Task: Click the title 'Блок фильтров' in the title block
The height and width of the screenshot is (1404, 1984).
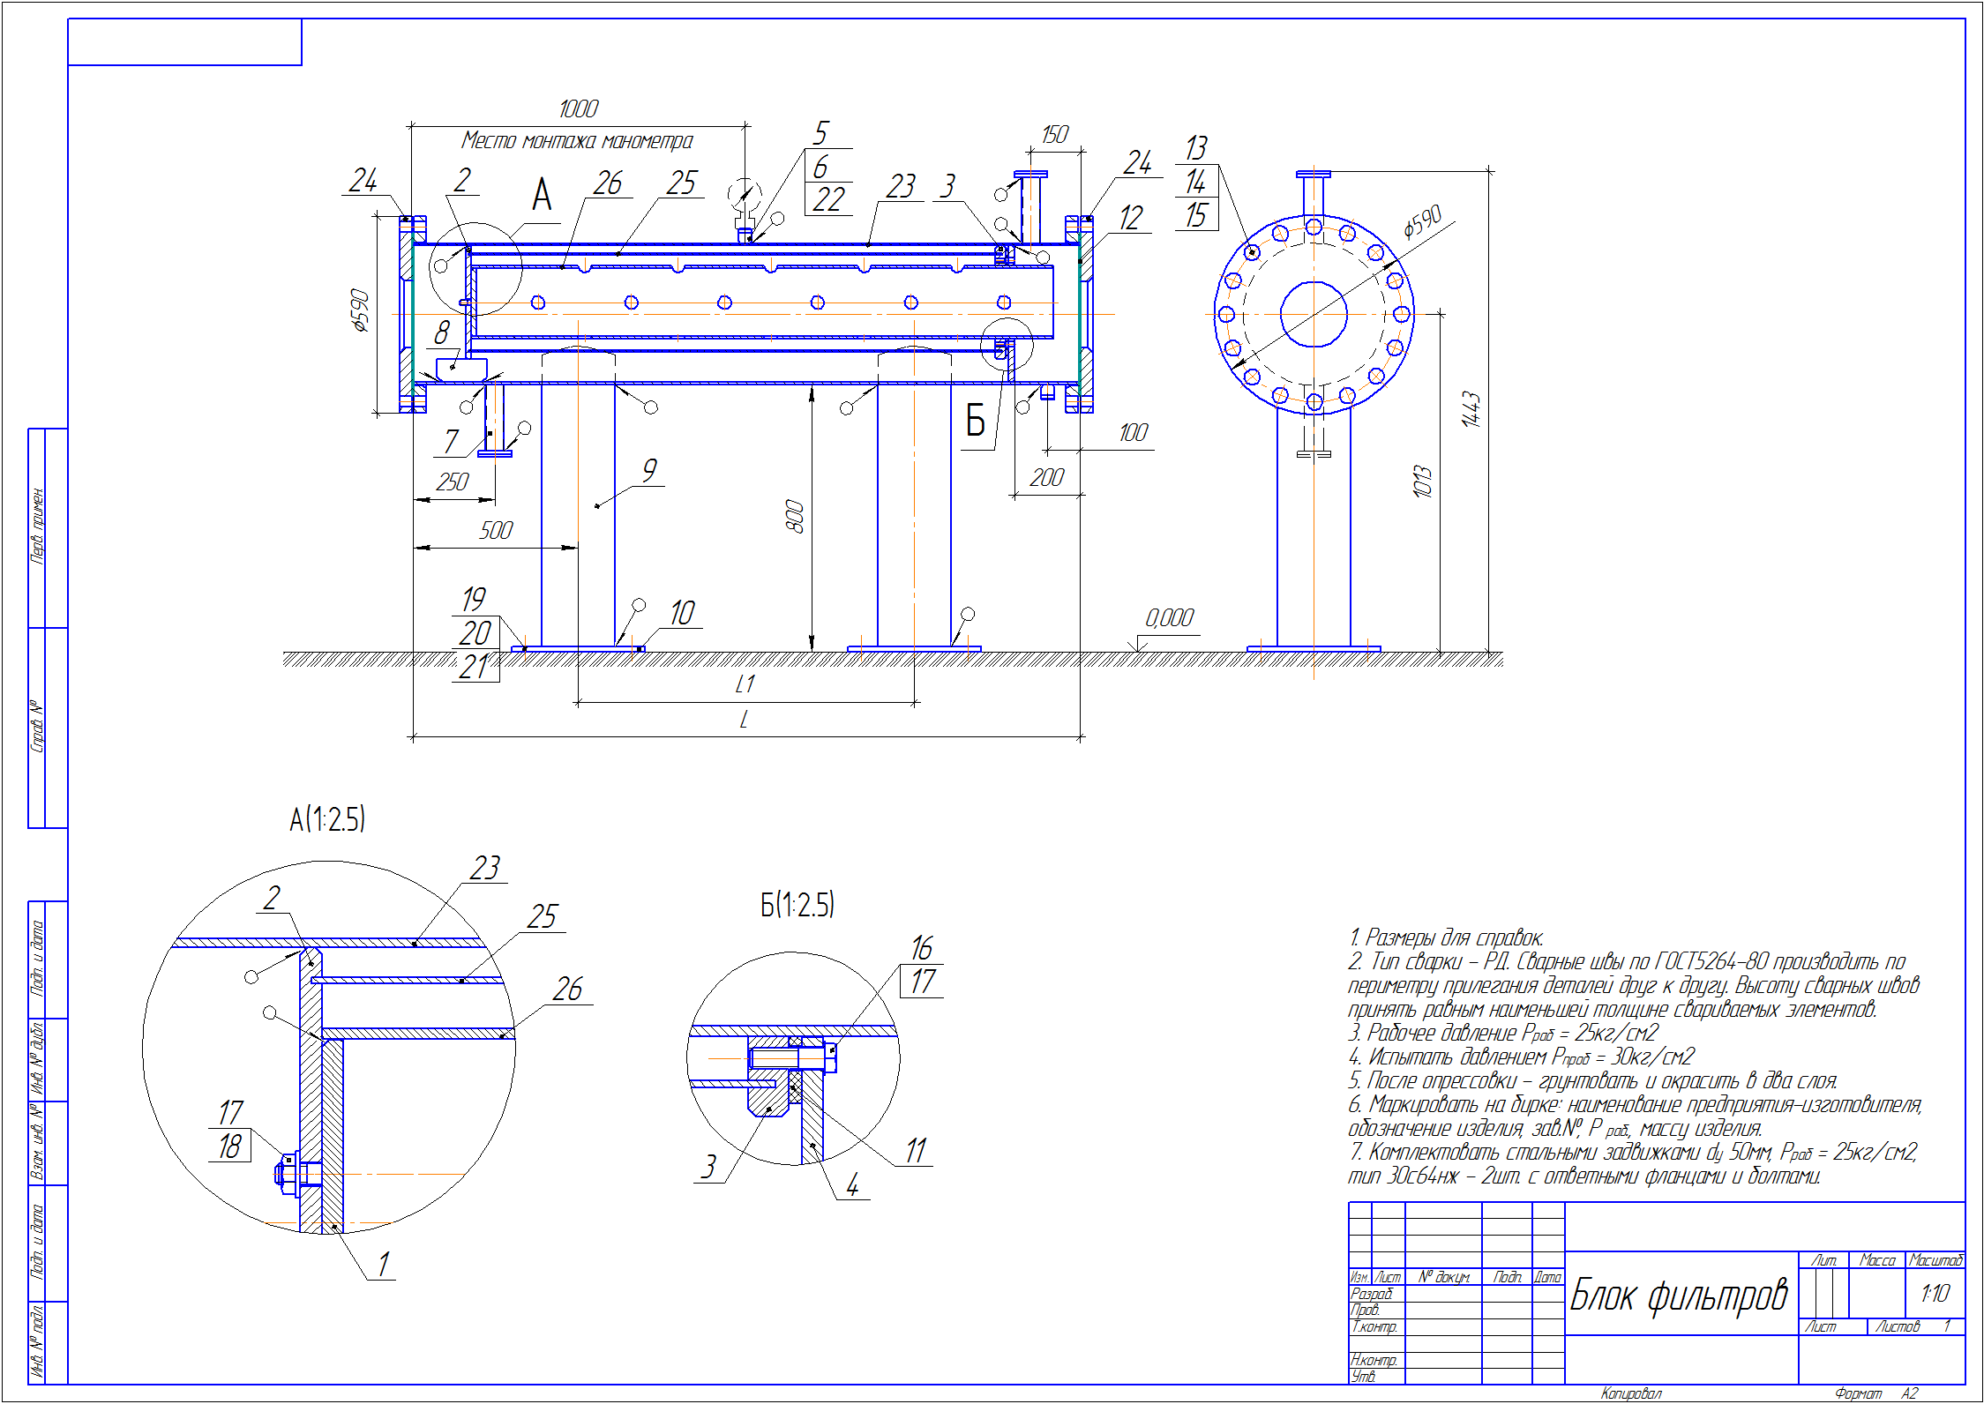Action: tap(1678, 1295)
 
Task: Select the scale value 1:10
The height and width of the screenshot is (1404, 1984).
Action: tap(1935, 1293)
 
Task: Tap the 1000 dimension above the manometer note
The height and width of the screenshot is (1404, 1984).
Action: tap(579, 109)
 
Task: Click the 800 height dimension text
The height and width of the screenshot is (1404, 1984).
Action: tap(794, 516)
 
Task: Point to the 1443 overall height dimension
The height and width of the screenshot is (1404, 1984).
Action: tap(1471, 410)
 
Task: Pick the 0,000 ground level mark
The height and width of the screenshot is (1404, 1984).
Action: tap(1169, 618)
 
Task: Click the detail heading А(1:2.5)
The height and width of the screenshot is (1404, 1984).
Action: tap(327, 819)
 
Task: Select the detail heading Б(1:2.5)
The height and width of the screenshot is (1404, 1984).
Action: tap(797, 905)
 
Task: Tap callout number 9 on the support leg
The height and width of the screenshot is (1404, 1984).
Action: tap(649, 469)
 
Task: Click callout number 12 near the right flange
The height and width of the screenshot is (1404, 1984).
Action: tap(1131, 218)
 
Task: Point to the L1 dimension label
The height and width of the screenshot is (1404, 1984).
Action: tap(745, 684)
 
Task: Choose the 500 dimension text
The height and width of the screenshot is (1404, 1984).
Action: tap(496, 530)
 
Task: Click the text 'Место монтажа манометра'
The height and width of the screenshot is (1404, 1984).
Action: tap(577, 140)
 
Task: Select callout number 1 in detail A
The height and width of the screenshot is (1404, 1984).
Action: tap(383, 1264)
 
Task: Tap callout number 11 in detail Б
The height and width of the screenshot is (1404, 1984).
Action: tap(916, 1150)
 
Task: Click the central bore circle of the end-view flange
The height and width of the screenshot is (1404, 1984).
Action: tap(1314, 314)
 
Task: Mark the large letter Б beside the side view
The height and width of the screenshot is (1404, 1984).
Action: tap(975, 421)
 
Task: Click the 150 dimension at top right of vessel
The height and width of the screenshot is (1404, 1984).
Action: tap(1054, 134)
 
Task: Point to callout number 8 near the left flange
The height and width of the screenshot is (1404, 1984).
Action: tap(442, 332)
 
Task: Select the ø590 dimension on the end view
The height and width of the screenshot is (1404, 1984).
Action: tap(1422, 222)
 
